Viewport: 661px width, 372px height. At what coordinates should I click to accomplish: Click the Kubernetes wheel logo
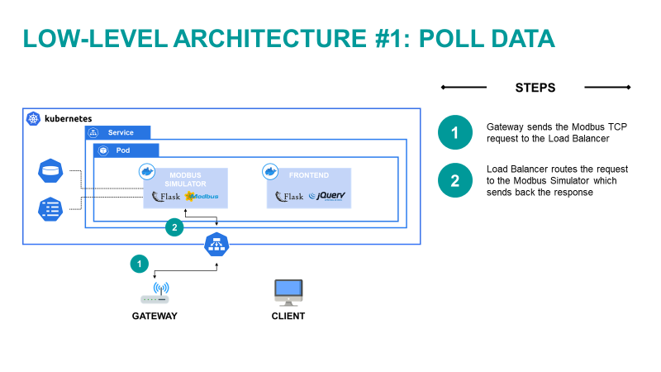coord(33,118)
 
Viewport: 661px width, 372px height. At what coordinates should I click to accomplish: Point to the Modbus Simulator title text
coord(185,179)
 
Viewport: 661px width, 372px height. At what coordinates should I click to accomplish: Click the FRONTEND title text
coord(310,176)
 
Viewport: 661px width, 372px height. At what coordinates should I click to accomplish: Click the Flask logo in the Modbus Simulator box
coord(166,197)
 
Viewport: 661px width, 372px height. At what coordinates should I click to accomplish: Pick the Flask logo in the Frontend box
coord(289,197)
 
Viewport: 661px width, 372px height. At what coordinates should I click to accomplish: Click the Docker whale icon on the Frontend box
coord(270,171)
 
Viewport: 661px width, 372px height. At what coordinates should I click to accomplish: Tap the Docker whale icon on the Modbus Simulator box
coord(147,171)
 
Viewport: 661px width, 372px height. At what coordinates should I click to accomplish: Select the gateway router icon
coord(155,295)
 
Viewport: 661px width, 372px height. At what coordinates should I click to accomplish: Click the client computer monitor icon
coord(288,291)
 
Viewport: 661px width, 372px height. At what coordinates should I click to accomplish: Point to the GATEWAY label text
coord(155,316)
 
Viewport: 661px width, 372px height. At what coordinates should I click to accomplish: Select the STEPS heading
coord(535,88)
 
